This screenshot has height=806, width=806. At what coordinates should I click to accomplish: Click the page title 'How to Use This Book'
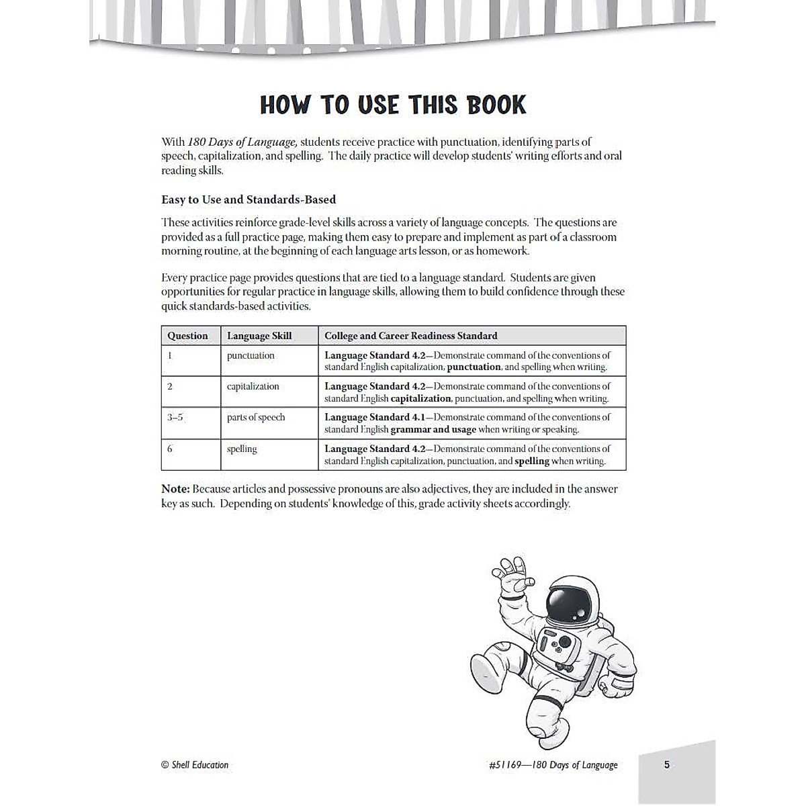click(393, 105)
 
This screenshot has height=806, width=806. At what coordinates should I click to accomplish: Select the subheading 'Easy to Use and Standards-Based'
click(249, 199)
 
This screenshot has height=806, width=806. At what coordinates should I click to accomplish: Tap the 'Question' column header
click(187, 336)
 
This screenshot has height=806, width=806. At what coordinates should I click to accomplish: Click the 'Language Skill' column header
click(259, 336)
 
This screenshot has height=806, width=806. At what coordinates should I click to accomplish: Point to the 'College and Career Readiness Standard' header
click(410, 336)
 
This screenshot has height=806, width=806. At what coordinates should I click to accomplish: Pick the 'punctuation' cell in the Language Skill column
click(251, 355)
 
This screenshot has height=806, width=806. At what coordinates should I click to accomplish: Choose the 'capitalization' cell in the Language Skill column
click(253, 386)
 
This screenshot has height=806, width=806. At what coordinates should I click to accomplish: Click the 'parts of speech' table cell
click(256, 417)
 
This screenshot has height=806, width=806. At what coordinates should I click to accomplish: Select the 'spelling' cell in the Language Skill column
click(242, 449)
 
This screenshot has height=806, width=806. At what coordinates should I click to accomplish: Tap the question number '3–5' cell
click(175, 417)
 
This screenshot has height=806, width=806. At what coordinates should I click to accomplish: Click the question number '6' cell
click(170, 449)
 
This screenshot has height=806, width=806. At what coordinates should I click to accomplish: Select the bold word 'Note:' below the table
click(175, 489)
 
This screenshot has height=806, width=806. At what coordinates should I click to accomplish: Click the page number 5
click(666, 764)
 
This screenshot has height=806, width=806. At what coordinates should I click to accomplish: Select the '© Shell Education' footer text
click(195, 764)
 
